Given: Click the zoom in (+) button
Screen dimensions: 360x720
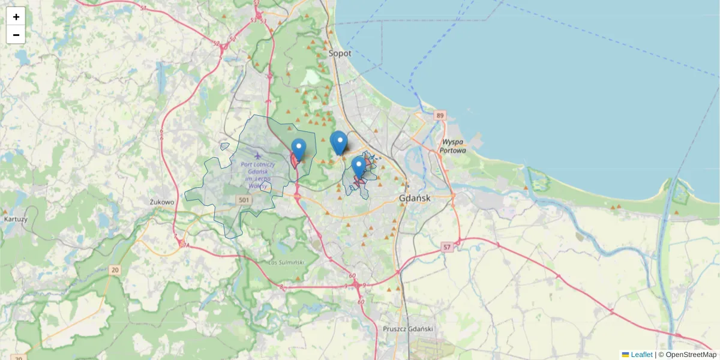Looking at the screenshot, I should point(16,17).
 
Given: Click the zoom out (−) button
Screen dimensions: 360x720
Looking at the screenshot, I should point(16,35).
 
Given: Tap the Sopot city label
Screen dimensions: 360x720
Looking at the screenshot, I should point(340,53).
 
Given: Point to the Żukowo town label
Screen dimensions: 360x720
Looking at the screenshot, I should point(162,202).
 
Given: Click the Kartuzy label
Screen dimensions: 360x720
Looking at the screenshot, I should point(16,219).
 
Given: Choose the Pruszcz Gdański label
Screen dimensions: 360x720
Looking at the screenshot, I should point(408,329).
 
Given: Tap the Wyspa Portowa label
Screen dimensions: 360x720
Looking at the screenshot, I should point(453,146).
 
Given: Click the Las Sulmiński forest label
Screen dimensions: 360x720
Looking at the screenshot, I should point(287,262).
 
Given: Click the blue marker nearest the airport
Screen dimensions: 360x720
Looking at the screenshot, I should point(298,148).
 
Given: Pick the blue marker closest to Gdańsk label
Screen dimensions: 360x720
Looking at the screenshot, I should point(359,166).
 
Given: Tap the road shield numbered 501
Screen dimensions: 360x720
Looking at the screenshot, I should point(244,199).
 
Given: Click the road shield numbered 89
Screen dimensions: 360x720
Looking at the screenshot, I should point(441,115).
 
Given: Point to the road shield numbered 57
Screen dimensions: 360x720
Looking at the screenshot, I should point(446,247).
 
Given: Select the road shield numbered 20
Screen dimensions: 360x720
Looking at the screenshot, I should point(115,270).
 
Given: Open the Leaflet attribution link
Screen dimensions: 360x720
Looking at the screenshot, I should point(641,355).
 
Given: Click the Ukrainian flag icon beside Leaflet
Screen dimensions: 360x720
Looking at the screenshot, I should point(625,355).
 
